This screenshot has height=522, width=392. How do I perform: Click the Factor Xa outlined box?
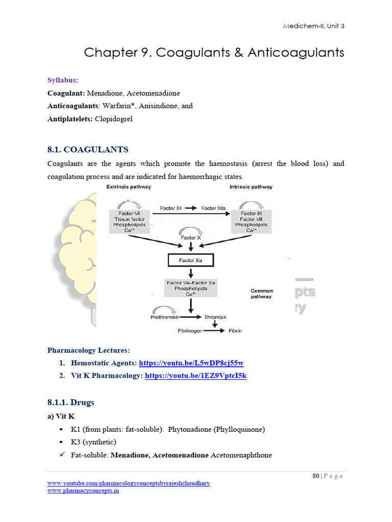190,260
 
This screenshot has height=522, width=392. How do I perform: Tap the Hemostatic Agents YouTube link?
194,363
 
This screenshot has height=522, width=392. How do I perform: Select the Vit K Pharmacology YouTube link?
196,376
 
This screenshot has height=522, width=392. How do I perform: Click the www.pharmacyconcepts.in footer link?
83,490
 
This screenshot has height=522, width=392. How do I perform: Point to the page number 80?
316,476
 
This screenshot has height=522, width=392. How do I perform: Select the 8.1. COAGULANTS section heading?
88,149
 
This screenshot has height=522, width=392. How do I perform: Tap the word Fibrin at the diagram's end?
235,330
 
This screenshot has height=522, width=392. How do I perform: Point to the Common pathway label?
261,294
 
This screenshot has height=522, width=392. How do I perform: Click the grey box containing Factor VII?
130,222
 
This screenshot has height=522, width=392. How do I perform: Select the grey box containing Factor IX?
251,222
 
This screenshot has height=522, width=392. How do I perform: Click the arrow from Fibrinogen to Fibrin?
215,330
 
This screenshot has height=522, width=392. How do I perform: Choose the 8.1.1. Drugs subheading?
71,402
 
